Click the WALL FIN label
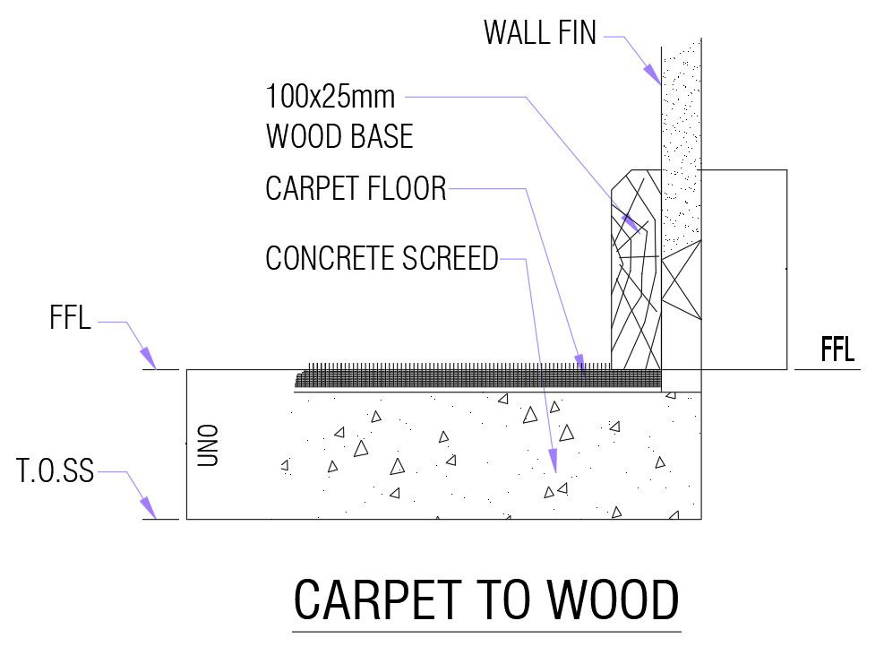click(x=539, y=33)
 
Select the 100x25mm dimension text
click(x=330, y=95)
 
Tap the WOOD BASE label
click(x=339, y=136)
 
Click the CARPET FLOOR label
click(x=356, y=189)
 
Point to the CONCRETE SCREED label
click(x=382, y=258)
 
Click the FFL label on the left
click(x=71, y=318)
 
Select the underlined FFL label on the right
click(x=837, y=349)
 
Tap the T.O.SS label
click(x=55, y=470)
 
